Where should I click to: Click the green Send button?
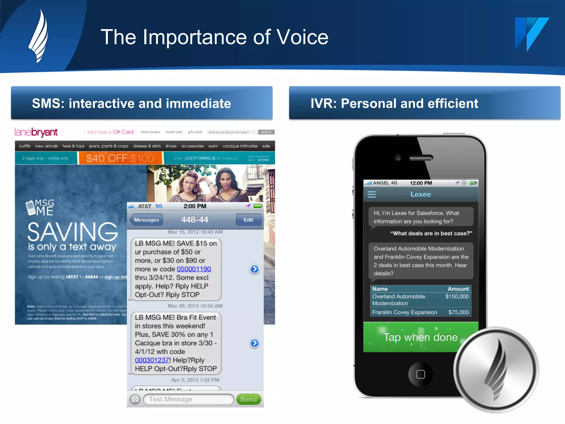click(x=248, y=399)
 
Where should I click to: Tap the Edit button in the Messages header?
click(x=248, y=220)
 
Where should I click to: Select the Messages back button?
click(x=146, y=220)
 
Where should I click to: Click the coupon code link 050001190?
click(x=194, y=269)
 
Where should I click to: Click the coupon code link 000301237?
click(x=152, y=360)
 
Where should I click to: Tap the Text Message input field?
click(x=188, y=399)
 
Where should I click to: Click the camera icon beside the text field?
click(x=135, y=399)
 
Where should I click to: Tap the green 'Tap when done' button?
click(x=420, y=337)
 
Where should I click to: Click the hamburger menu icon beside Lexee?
click(x=372, y=194)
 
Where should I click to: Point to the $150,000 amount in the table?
click(x=457, y=296)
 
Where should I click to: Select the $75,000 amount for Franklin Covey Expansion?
click(x=458, y=312)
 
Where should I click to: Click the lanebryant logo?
click(x=36, y=132)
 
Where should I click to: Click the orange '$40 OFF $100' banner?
click(x=120, y=158)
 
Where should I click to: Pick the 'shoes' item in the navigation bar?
click(x=171, y=146)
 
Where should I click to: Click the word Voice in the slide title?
click(x=302, y=37)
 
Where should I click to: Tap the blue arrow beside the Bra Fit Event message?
click(x=254, y=343)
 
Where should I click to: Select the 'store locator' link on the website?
click(x=150, y=132)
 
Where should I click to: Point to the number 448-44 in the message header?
click(x=194, y=220)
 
